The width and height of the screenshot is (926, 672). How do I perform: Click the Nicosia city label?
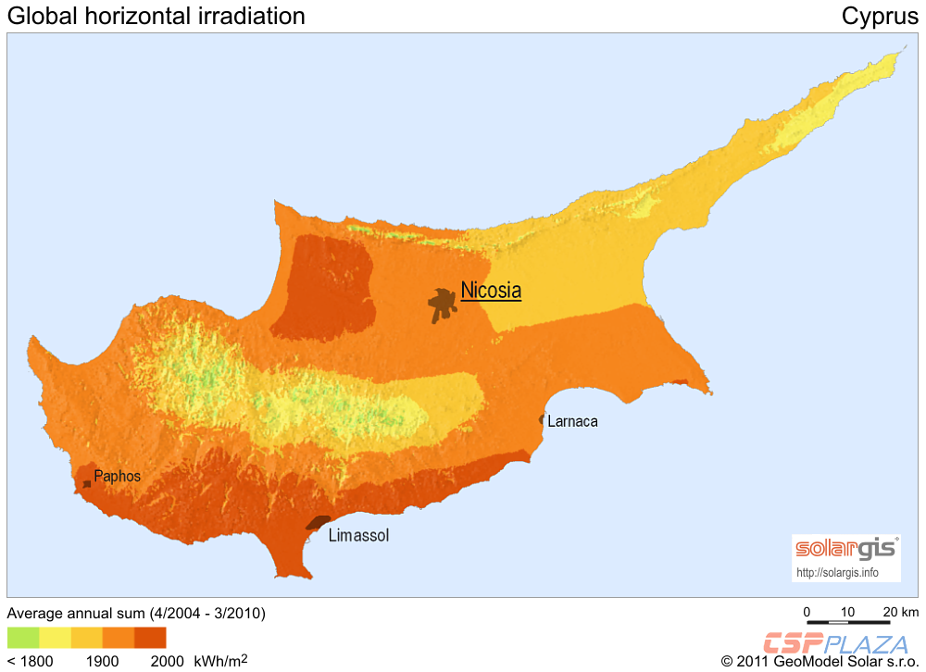[x=491, y=291]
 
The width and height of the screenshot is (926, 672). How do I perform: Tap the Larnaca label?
[x=572, y=421]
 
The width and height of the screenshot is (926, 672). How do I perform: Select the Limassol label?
[x=358, y=536]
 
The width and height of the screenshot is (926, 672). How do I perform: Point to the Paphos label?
[x=118, y=477]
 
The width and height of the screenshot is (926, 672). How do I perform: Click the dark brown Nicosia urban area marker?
[x=443, y=302]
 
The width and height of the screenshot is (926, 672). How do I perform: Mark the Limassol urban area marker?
[x=319, y=523]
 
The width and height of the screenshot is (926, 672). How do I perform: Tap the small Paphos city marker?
[x=87, y=484]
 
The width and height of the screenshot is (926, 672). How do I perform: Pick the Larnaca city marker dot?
[x=542, y=420]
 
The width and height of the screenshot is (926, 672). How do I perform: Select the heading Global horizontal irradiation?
[x=156, y=16]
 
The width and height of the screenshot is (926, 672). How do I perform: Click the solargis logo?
[x=846, y=549]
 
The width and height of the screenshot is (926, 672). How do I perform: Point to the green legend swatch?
[x=23, y=638]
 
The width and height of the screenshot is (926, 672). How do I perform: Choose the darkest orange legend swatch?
[x=150, y=638]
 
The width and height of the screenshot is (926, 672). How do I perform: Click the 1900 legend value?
[x=103, y=662]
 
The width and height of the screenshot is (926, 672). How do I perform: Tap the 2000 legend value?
[x=167, y=662]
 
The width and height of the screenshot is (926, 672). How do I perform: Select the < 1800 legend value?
[x=30, y=662]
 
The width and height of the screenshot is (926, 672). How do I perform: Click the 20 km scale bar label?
[x=899, y=613]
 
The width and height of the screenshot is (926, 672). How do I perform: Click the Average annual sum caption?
[x=136, y=613]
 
